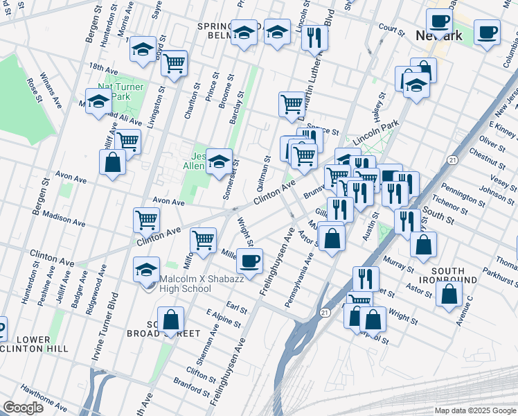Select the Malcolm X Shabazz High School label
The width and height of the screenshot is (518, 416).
(x=185, y=284)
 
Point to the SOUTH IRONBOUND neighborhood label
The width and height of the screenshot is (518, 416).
(x=453, y=275)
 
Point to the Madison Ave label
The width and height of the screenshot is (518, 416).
(x=63, y=218)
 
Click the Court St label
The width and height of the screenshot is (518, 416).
(x=391, y=28)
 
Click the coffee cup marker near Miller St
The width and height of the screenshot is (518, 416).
(x=249, y=261)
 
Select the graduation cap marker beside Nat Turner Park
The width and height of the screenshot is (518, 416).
(x=98, y=101)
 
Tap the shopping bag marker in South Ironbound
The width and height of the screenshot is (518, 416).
(x=449, y=293)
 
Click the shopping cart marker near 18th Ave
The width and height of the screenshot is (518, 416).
(x=175, y=63)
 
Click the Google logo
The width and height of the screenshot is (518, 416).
(x=23, y=408)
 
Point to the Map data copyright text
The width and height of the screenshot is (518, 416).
(x=474, y=410)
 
